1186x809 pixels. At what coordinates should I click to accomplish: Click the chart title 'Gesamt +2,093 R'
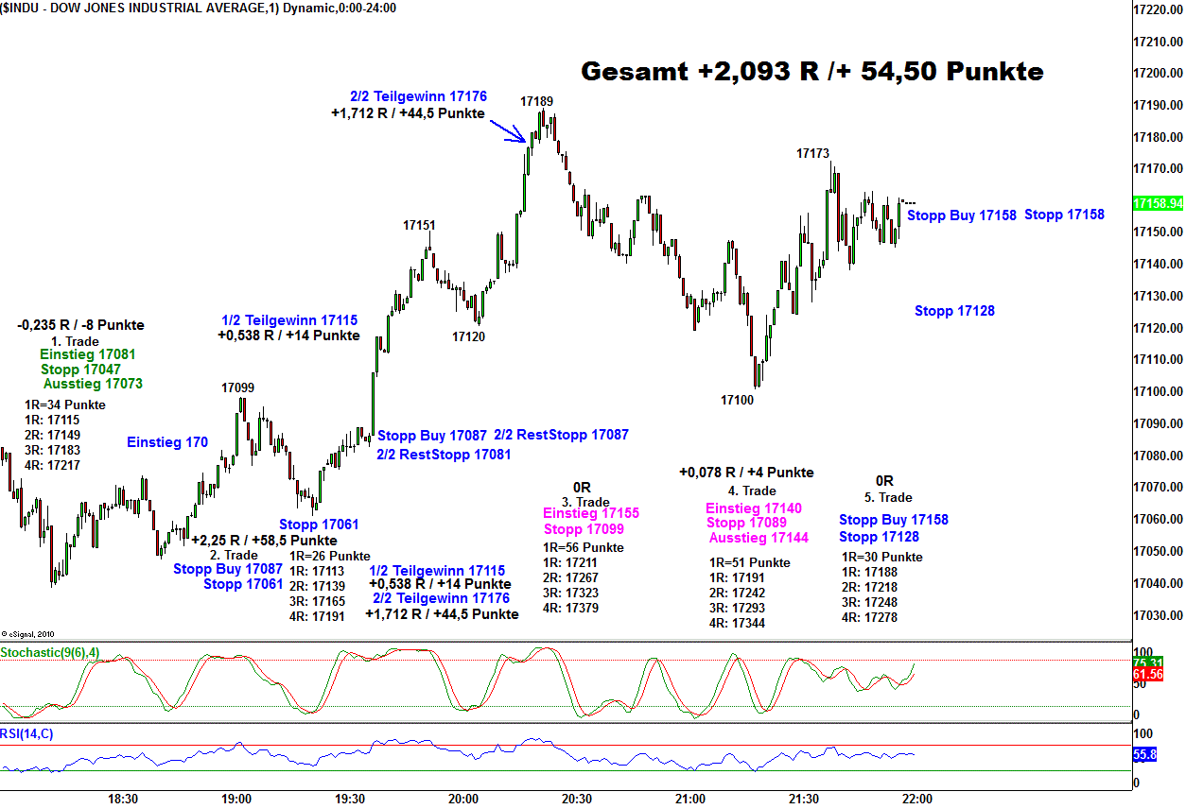pos(811,72)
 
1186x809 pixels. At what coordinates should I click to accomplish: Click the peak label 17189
pos(536,100)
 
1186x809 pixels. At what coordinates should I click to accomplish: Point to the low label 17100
pos(737,401)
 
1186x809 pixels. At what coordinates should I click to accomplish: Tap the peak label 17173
pos(812,153)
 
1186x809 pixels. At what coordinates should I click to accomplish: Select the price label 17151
pos(419,225)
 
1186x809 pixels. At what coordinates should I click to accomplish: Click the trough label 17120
pos(468,336)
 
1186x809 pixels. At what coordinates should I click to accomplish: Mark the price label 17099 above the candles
pos(237,387)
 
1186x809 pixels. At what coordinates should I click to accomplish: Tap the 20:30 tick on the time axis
pos(577,799)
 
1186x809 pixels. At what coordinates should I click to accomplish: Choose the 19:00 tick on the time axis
pos(236,799)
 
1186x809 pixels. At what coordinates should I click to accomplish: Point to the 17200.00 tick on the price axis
pos(1159,74)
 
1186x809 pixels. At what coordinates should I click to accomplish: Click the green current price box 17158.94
pos(1158,203)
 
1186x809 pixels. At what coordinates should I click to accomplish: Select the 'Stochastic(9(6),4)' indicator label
pos(49,653)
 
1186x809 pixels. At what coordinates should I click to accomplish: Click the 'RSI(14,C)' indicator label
pos(26,733)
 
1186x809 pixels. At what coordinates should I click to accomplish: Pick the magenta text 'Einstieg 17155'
pos(591,513)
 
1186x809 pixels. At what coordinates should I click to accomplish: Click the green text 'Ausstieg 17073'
pos(93,384)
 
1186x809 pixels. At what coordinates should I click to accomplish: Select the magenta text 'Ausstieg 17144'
pos(759,538)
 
